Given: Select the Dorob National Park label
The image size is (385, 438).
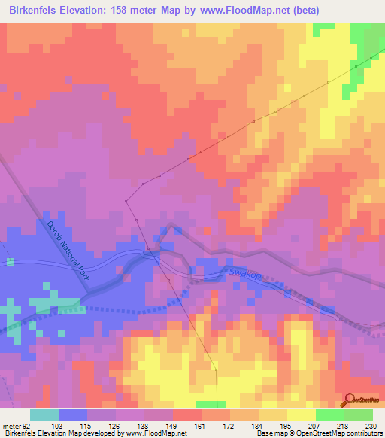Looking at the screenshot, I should click(68, 251).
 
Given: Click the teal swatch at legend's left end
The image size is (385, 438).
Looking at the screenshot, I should click(44, 415).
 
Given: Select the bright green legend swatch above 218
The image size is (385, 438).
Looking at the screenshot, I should click(329, 415).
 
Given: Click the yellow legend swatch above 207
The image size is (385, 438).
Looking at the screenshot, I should click(301, 415).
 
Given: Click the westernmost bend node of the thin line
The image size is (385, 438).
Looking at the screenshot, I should click(126, 201).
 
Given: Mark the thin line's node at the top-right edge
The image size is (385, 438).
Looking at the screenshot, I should click(371, 58).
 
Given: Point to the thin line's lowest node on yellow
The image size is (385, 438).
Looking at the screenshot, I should click(216, 370).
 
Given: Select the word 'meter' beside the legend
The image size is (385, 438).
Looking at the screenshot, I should click(11, 424).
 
